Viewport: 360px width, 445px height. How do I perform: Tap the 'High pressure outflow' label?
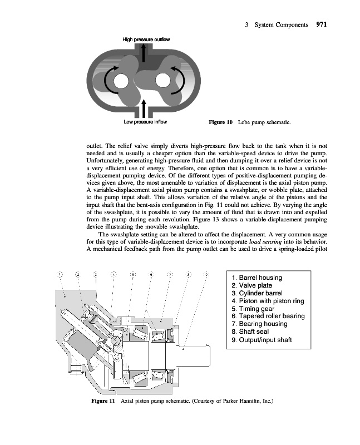click(146, 39)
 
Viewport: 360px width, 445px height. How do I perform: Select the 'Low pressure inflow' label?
click(145, 121)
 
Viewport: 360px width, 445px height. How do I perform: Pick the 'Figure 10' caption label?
click(220, 122)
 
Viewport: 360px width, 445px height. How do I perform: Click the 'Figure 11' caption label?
click(104, 400)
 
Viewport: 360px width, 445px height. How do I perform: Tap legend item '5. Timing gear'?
click(253, 309)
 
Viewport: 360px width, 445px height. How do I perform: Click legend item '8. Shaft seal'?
click(250, 332)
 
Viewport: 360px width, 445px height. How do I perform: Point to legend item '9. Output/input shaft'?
click(261, 340)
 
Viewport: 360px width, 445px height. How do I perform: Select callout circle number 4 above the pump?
click(114, 274)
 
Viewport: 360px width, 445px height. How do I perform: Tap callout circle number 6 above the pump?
click(151, 274)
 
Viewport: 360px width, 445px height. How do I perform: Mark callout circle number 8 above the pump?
click(189, 274)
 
